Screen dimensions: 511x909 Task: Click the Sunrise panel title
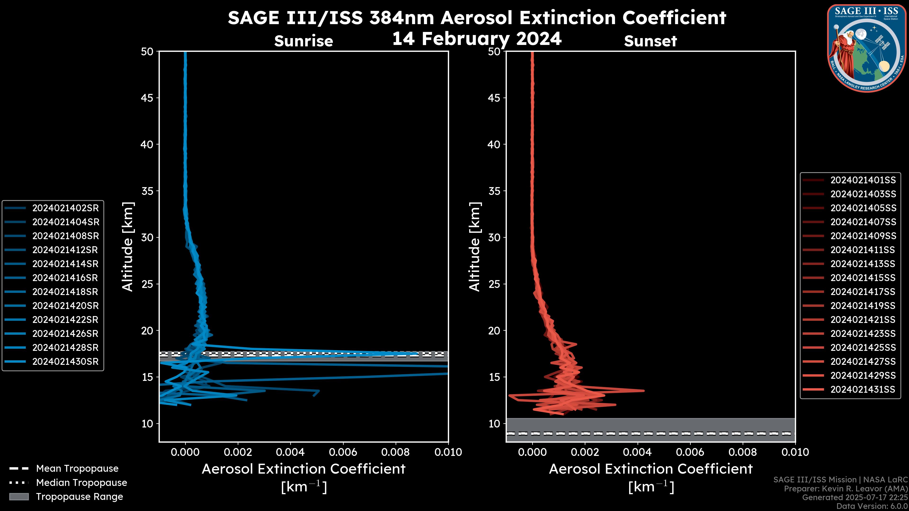click(303, 41)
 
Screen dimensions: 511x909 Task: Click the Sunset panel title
click(650, 41)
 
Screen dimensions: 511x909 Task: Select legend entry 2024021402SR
click(65, 208)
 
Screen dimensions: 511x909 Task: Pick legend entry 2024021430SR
click(65, 361)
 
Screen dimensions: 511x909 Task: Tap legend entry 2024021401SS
click(863, 180)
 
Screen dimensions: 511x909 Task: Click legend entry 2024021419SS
click(863, 306)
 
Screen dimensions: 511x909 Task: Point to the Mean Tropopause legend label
click(77, 468)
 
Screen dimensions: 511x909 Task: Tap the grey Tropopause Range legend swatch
click(19, 497)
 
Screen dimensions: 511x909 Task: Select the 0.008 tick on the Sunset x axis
click(743, 452)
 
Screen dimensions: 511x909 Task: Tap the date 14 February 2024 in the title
click(477, 39)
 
